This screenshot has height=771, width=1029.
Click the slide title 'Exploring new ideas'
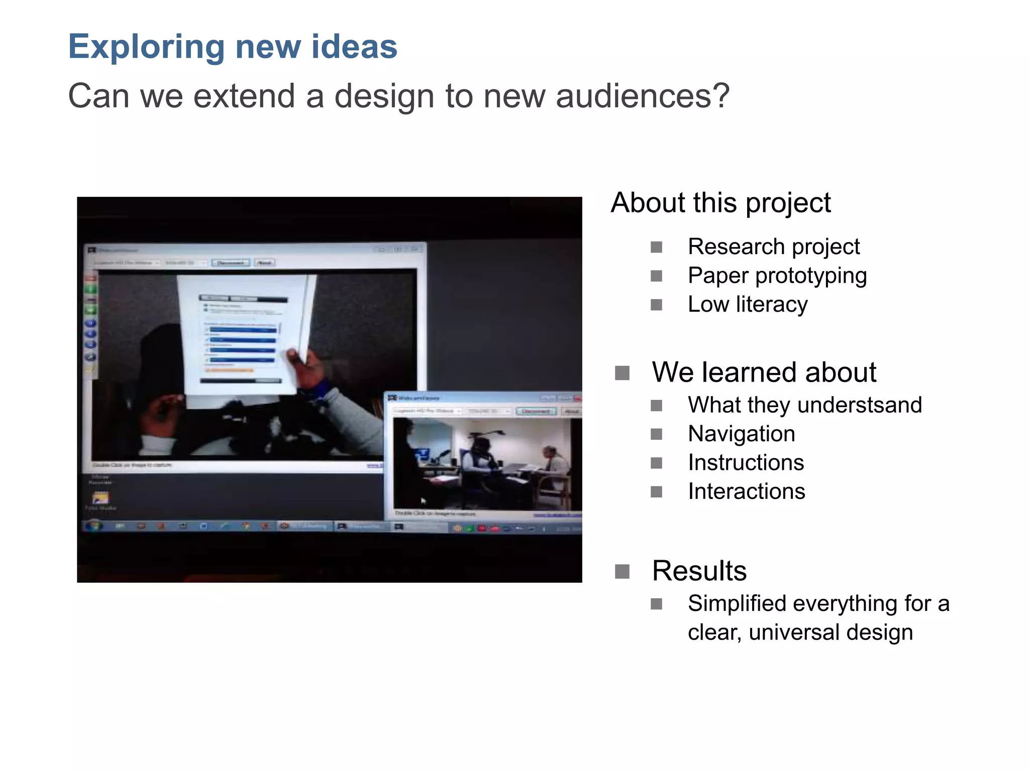(233, 47)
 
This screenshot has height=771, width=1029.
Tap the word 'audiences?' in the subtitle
(643, 96)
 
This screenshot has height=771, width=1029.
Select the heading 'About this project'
(721, 203)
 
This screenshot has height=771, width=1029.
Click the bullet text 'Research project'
(773, 247)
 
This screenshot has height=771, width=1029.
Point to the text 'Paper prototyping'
(777, 276)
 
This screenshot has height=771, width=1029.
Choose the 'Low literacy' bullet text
(747, 305)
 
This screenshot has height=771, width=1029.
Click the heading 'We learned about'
(764, 372)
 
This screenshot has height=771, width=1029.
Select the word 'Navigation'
(741, 434)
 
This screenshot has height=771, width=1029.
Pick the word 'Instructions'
(746, 463)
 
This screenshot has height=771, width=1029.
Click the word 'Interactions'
(746, 491)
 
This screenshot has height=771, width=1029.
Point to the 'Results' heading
(699, 571)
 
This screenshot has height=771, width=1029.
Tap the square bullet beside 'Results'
(622, 572)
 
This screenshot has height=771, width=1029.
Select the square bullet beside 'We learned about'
(622, 373)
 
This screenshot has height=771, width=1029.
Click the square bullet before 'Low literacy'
(656, 305)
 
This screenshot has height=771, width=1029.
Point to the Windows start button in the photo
(94, 526)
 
